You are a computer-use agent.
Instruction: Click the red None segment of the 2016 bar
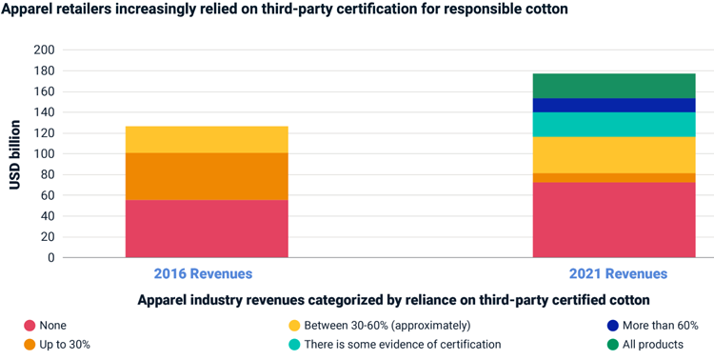pyautogui.click(x=207, y=229)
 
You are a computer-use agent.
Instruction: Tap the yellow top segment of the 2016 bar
pyautogui.click(x=207, y=139)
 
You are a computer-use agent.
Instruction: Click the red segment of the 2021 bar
pyautogui.click(x=613, y=220)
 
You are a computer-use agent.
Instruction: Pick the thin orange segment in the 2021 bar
pyautogui.click(x=613, y=177)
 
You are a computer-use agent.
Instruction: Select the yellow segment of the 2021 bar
pyautogui.click(x=613, y=154)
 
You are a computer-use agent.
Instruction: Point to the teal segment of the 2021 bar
pyautogui.click(x=613, y=125)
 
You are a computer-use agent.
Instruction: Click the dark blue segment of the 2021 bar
pyautogui.click(x=613, y=105)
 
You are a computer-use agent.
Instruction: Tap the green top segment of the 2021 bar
pyautogui.click(x=613, y=86)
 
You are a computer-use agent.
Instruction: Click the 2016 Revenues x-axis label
pyautogui.click(x=203, y=274)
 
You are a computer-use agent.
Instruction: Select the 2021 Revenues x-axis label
pyautogui.click(x=618, y=274)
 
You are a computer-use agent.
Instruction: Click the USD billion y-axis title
pyautogui.click(x=16, y=154)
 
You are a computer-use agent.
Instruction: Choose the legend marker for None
pyautogui.click(x=30, y=326)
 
